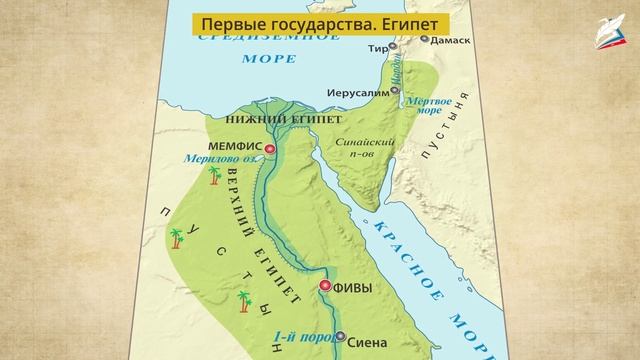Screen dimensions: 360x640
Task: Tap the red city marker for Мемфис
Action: pos(270,146)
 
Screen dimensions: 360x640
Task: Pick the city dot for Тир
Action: pos(393,45)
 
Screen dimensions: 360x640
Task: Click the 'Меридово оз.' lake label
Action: pos(219,159)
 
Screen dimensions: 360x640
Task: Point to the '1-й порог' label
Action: pos(300,336)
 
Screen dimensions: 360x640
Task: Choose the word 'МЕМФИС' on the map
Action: pos(236,146)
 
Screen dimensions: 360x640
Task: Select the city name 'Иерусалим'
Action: pos(356,93)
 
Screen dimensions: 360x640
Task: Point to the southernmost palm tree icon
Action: pos(244,299)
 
